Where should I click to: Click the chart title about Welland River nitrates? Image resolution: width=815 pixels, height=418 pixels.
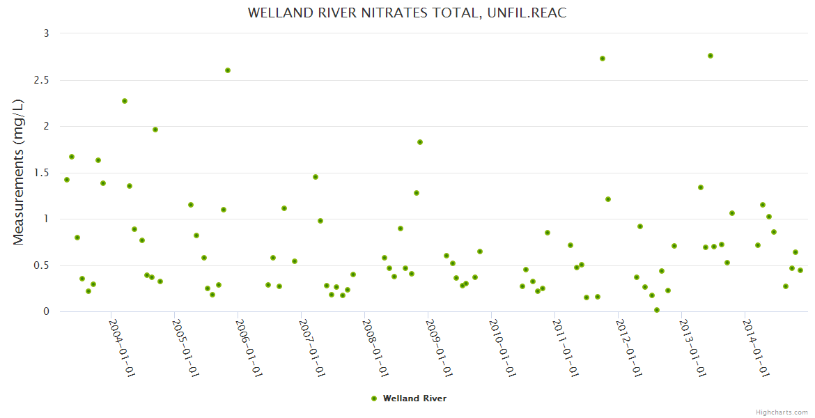pos(407,13)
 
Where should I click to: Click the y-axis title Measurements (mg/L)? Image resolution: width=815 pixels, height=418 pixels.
pos(19,172)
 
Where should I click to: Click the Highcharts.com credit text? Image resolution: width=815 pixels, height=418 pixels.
pos(782,412)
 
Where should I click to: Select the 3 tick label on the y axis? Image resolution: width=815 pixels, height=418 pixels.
pos(47,33)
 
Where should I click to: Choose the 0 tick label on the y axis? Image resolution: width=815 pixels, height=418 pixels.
pos(47,311)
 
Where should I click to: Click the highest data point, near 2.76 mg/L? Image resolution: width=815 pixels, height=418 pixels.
pos(711,56)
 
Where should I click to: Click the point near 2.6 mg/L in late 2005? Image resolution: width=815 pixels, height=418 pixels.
pos(228,70)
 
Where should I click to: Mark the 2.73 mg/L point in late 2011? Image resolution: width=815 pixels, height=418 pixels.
pos(603,59)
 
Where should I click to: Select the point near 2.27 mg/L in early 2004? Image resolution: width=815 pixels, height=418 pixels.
pos(125,101)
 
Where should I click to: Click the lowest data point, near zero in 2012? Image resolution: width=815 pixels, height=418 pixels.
pos(657,310)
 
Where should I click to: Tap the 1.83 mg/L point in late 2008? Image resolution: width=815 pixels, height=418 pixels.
pos(420,142)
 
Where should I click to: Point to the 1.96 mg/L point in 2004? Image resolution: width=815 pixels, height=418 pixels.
pos(155,130)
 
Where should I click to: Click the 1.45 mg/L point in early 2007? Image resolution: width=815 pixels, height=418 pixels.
pos(316,177)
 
